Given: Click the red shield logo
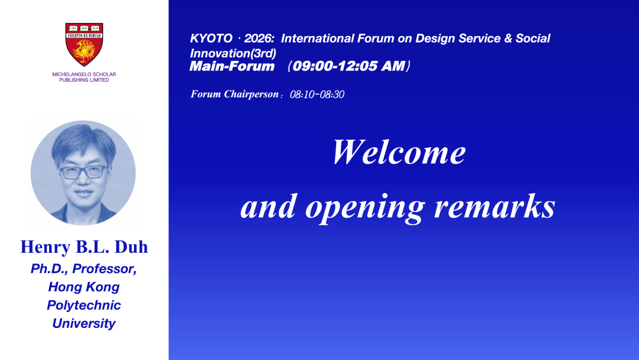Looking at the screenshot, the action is pos(84,44).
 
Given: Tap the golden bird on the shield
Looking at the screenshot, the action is pos(84,51).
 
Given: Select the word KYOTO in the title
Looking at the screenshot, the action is pos(211,38).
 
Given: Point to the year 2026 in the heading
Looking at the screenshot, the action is pos(258,38).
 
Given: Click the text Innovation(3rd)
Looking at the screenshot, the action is pos(233,53).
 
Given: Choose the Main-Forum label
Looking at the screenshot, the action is pos(232,66).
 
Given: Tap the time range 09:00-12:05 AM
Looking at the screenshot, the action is pos(349,66).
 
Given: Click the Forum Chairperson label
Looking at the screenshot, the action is pos(235,94).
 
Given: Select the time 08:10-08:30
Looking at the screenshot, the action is pos(317,95).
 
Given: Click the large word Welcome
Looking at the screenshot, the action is pos(399,152).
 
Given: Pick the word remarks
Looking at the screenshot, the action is pos(494,205).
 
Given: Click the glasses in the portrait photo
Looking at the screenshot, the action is pos(84,172).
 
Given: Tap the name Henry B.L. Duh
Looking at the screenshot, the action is pos(84,247).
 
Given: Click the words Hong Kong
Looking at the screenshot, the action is pos(84,287).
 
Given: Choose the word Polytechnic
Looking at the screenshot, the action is pos(84,306).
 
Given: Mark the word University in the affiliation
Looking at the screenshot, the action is pos(84,323).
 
